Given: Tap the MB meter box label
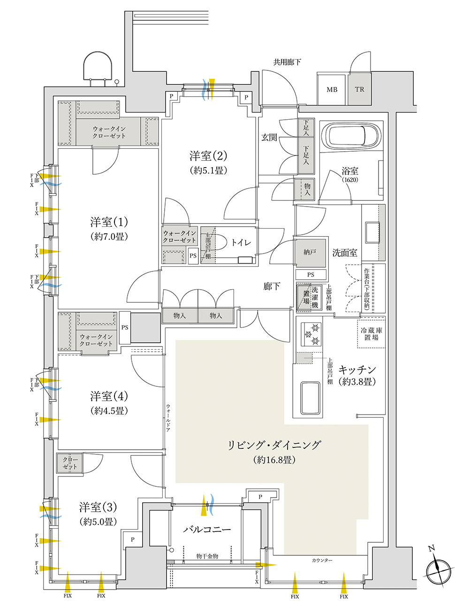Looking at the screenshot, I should click(332, 89).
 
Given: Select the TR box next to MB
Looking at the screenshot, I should click(360, 89).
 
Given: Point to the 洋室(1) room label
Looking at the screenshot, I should click(109, 222).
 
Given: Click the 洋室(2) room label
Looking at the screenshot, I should click(208, 156).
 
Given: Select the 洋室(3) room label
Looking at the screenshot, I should click(98, 507).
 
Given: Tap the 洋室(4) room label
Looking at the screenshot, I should click(109, 396).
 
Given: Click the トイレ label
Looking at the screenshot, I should click(241, 243).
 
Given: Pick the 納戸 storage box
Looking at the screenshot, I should click(310, 253).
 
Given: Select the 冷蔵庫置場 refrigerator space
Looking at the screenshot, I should click(371, 334).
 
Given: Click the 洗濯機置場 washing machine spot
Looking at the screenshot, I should click(310, 297).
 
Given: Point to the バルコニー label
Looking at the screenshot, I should click(207, 530).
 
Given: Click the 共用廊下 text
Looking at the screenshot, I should click(287, 62).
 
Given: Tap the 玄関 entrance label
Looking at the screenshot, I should click(269, 138).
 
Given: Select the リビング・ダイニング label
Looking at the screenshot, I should click(274, 445).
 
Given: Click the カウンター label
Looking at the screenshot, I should click(322, 561).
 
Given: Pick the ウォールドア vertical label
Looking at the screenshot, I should click(168, 417).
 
